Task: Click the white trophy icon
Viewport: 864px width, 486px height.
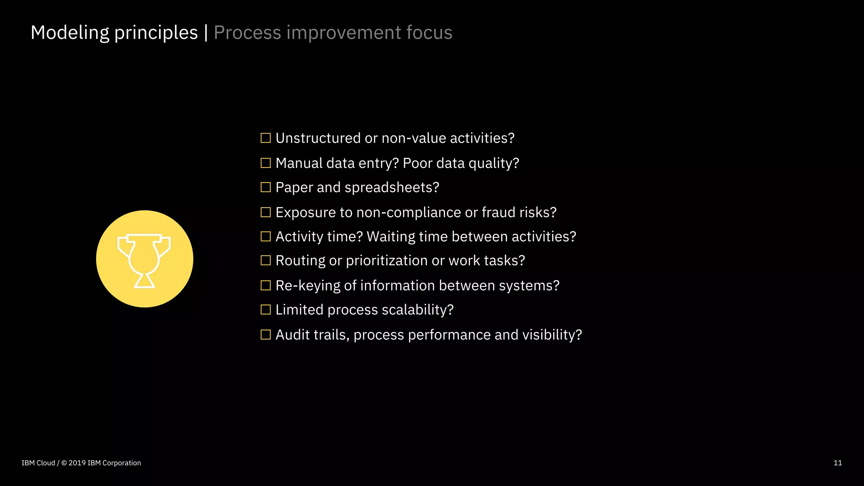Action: click(144, 260)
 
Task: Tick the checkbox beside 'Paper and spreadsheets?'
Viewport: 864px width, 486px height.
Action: click(265, 187)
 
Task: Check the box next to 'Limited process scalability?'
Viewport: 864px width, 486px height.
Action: click(265, 310)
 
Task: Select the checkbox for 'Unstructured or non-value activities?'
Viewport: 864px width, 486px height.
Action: click(265, 138)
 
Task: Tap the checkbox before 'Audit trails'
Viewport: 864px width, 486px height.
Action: click(265, 335)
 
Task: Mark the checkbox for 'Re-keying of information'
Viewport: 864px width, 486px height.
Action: click(265, 286)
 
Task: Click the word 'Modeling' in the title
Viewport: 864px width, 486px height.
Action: click(70, 33)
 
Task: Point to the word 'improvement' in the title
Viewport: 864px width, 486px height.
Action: click(344, 33)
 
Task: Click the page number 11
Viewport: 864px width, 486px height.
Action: click(837, 463)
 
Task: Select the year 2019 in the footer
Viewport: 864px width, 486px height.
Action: click(77, 463)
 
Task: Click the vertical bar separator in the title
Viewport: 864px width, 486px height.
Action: click(206, 33)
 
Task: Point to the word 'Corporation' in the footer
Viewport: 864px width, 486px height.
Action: click(122, 463)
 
